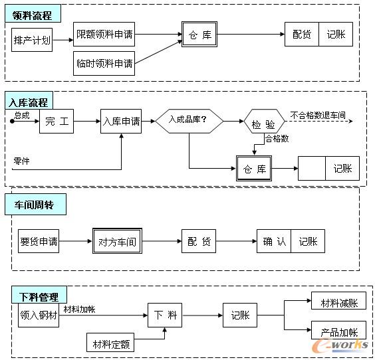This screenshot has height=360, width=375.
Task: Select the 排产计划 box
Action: [31, 40]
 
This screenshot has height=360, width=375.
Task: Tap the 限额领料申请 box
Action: [104, 34]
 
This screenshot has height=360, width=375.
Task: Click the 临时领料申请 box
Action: [104, 64]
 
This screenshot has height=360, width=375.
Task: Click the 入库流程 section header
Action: [29, 103]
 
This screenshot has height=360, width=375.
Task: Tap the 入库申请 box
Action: [121, 122]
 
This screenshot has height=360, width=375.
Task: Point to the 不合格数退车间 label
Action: [318, 116]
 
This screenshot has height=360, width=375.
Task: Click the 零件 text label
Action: [22, 161]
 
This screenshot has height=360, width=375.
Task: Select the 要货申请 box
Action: [39, 242]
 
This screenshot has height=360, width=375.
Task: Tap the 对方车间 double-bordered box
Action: [117, 242]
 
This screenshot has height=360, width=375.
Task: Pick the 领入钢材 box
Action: [39, 317]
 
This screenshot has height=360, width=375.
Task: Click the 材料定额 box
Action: [111, 344]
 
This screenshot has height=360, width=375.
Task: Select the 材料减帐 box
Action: [338, 303]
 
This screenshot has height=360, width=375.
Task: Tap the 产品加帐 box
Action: [338, 331]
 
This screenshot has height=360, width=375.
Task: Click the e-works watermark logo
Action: [343, 345]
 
